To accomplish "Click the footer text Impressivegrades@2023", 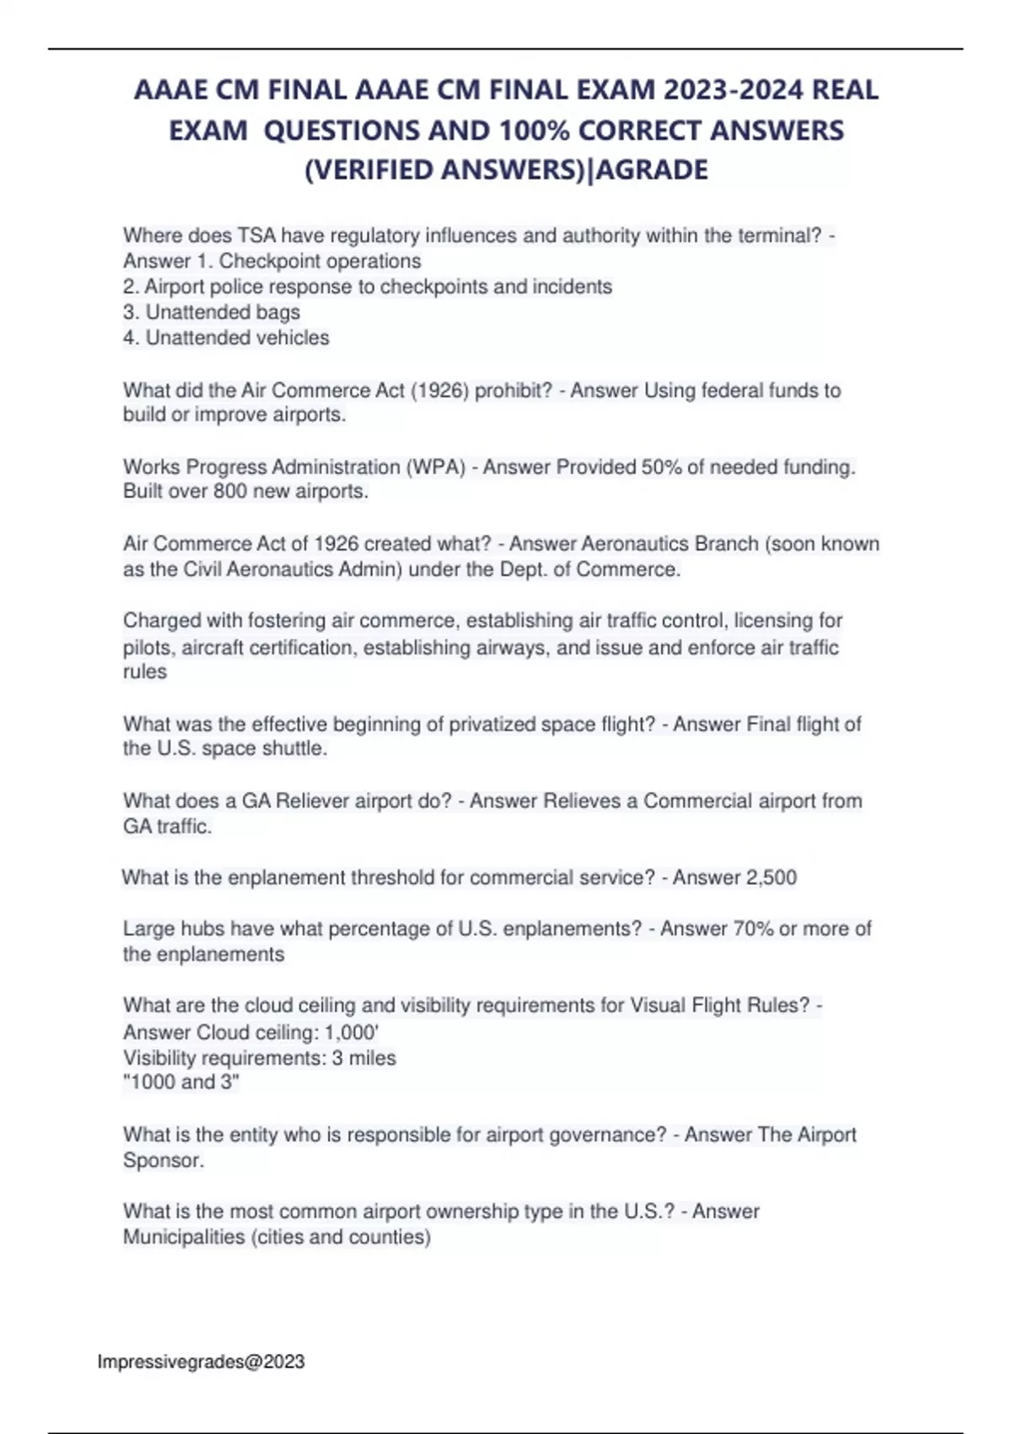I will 201,1361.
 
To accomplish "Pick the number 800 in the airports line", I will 230,492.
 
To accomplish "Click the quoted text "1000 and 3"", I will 181,1082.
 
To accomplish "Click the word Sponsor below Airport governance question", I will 161,1160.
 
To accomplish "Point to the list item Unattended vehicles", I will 237,338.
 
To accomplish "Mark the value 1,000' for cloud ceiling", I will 352,1032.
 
